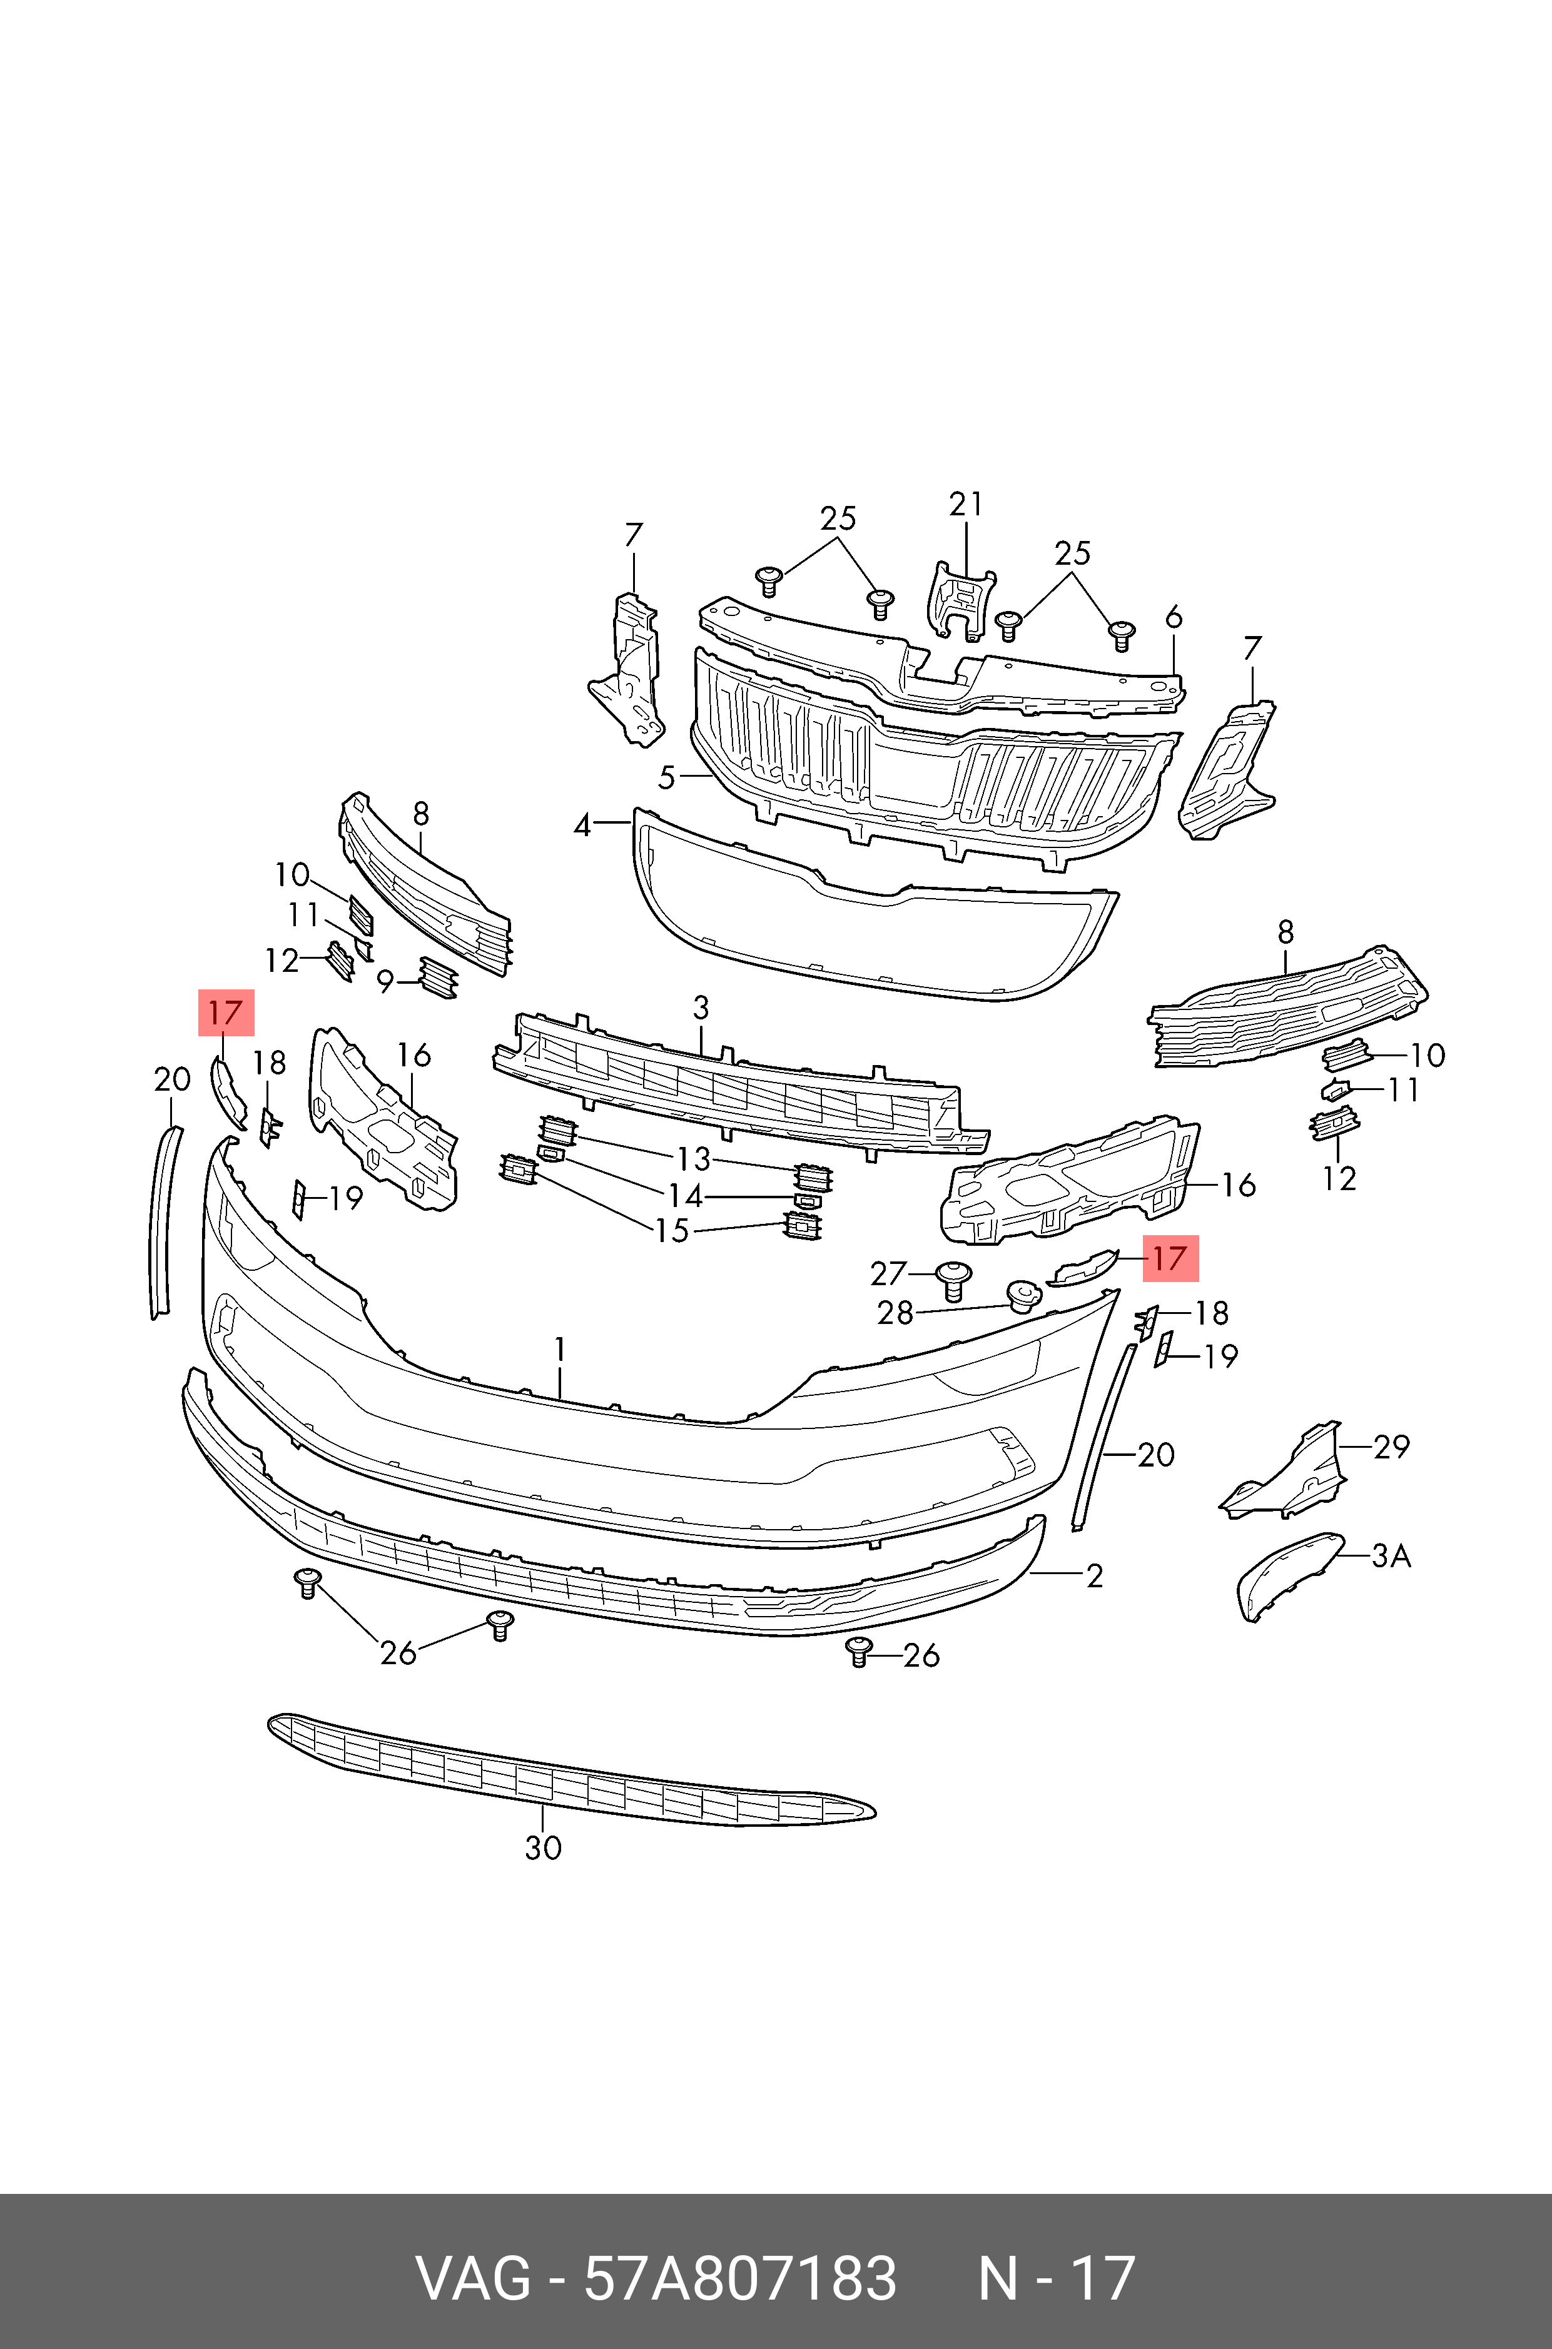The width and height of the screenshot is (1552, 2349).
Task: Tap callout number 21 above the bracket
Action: click(x=966, y=505)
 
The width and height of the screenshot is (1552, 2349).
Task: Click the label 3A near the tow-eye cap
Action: click(x=1391, y=1557)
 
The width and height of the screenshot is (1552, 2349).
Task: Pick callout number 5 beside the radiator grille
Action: click(x=667, y=778)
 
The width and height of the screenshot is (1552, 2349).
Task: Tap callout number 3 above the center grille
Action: click(x=701, y=1008)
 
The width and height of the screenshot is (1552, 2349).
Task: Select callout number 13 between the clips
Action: click(x=694, y=1159)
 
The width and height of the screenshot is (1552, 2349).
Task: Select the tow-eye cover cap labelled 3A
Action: click(x=1286, y=1575)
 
